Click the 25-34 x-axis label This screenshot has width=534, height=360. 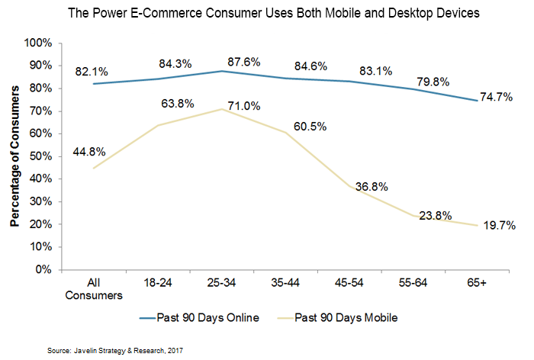click(x=221, y=281)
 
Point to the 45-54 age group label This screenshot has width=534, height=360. click(x=350, y=281)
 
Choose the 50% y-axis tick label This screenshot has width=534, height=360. click(x=43, y=156)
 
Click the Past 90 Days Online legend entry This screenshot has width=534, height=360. click(x=198, y=316)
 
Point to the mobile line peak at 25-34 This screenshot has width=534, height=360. click(x=221, y=109)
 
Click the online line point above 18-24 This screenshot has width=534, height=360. click(x=156, y=79)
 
